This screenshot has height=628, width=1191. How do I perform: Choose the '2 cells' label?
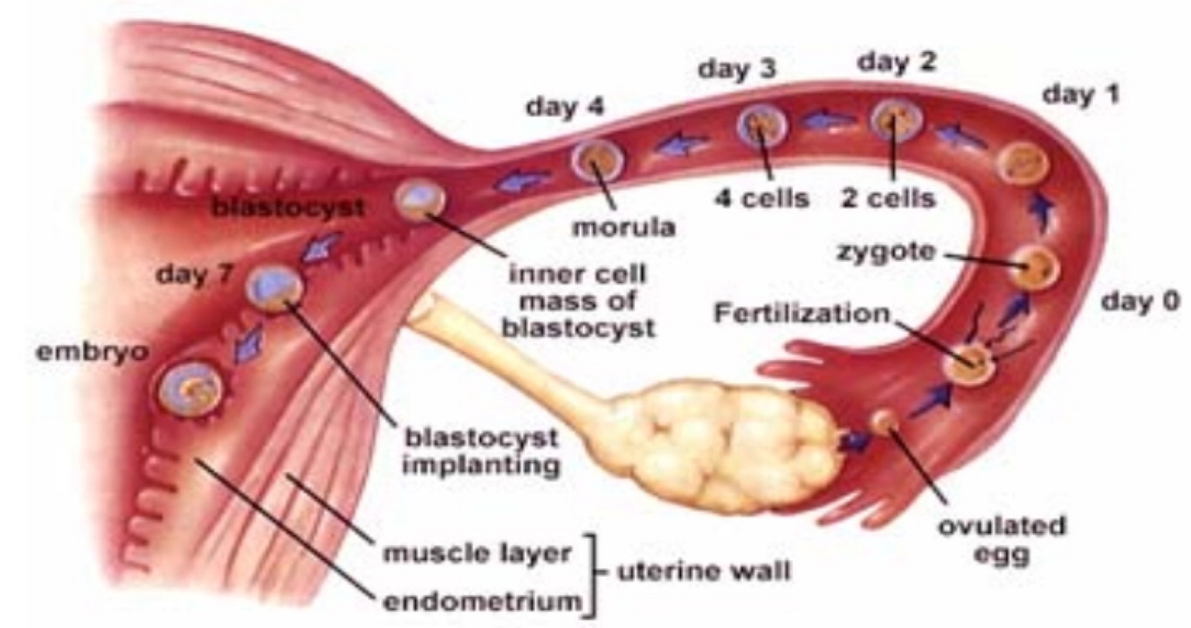pos(889,197)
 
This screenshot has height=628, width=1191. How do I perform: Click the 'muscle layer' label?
pos(477,552)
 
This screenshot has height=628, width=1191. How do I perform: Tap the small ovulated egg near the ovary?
pos(885,420)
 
